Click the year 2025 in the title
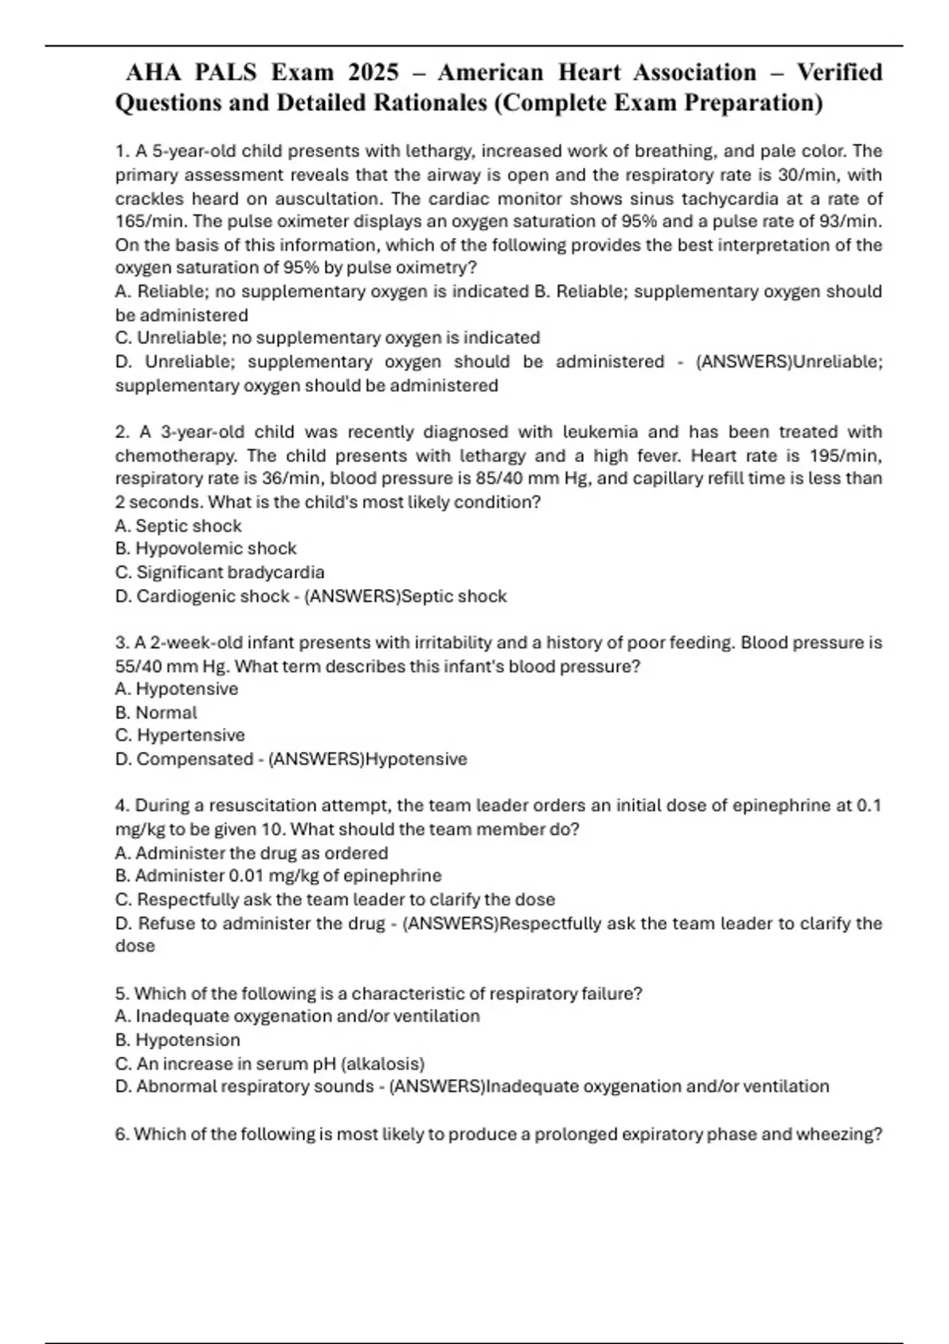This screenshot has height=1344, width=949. [374, 73]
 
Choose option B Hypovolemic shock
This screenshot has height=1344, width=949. [206, 549]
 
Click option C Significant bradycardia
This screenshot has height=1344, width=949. [220, 572]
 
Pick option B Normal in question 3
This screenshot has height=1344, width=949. [157, 712]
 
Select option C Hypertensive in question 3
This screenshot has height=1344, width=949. [180, 735]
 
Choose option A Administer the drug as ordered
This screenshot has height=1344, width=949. [251, 853]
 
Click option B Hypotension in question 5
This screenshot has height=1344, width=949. [178, 1040]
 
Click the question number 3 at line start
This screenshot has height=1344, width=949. [120, 643]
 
